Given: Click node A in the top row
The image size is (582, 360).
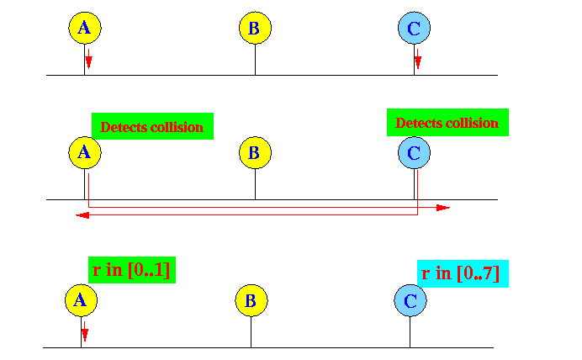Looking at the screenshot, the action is tap(85, 28).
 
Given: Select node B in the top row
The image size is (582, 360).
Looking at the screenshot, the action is tap(255, 28).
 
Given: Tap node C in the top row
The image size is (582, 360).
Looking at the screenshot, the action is tap(415, 28).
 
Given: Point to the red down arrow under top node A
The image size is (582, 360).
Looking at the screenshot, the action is tap(88, 59).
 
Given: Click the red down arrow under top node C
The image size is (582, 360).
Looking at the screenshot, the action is tap(418, 59).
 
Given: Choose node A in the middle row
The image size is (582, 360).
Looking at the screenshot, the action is tap(85, 152).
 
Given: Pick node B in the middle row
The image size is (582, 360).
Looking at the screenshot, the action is tap(255, 152).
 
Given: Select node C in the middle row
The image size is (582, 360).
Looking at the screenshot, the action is tap(415, 152).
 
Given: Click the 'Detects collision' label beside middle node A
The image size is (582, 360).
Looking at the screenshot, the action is tap(152, 126).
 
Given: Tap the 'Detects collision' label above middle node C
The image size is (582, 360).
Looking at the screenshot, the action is tap(447, 123).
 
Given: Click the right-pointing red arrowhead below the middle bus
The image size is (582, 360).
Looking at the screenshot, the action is tap(443, 208).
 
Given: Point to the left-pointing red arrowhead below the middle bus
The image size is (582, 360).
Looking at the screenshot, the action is tap(82, 215).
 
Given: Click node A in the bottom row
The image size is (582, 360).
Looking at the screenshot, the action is tap(82, 300).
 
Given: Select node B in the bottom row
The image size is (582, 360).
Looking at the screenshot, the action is tap(251, 300).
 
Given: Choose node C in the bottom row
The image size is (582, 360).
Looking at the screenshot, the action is tap(410, 300).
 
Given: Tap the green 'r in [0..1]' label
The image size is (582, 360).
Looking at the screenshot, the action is tap(132, 270).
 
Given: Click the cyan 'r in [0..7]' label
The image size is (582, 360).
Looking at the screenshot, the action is tap(463, 273).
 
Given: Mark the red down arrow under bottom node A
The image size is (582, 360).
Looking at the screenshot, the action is tap(85, 331).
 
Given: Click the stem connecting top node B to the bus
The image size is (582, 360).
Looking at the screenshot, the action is tap(255, 60).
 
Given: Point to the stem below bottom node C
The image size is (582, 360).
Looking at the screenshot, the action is tap(410, 332).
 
